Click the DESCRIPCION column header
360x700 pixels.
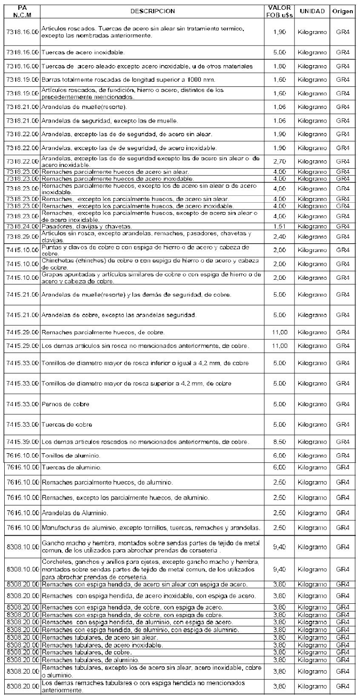(152, 11)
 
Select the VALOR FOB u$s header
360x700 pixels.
(280, 11)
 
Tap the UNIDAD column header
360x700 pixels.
(312, 11)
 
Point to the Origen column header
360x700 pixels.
(343, 11)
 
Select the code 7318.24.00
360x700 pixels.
(23, 227)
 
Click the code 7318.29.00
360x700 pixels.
(23, 237)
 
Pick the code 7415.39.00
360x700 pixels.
(23, 442)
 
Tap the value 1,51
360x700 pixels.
(280, 227)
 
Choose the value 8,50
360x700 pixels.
(280, 442)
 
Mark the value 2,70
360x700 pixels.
(280, 161)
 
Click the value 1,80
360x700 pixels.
(280, 66)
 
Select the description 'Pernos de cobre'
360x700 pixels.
(66, 404)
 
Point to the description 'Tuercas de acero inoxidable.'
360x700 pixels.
(83, 52)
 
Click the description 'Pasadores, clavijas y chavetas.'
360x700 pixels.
(86, 227)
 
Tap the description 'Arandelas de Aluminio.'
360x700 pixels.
(74, 513)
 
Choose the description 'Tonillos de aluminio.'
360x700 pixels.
(71, 456)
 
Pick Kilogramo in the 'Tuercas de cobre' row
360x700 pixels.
(312, 425)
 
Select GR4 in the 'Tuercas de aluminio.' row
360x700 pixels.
(343, 468)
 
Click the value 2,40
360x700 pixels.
(280, 237)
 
